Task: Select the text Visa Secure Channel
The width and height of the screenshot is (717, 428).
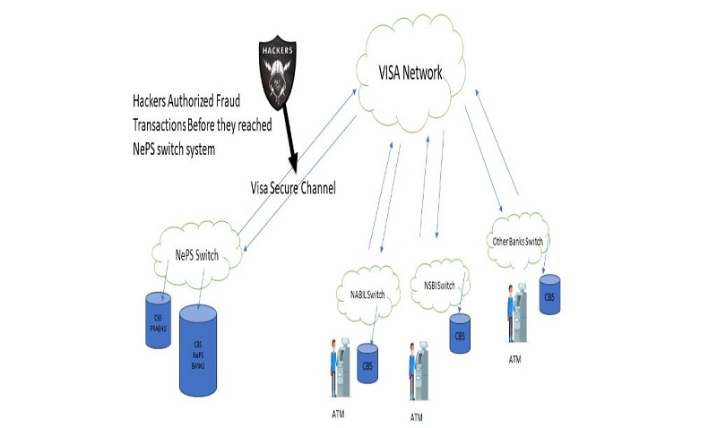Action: pos(293,188)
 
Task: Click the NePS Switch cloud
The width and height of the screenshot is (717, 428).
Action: pos(196,255)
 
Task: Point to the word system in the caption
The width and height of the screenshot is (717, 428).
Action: pos(196,149)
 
